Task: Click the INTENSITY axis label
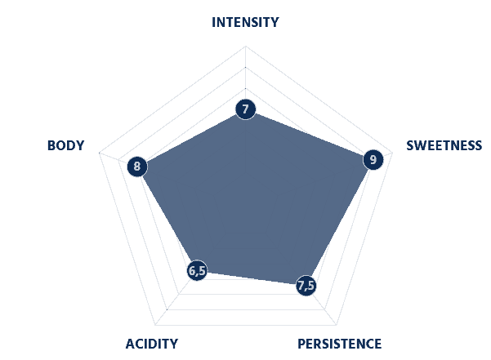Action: (x=245, y=23)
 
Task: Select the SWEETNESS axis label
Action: (x=444, y=146)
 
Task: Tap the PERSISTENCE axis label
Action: (x=339, y=344)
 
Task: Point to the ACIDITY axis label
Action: (x=152, y=344)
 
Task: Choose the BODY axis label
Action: (x=65, y=146)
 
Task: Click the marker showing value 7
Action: (x=245, y=109)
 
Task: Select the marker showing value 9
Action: (x=373, y=160)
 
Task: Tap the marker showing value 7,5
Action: (x=306, y=285)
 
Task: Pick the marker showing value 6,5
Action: (x=197, y=270)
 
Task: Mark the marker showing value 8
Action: (x=137, y=167)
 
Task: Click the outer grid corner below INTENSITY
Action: (x=245, y=47)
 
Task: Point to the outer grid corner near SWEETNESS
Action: (x=392, y=153)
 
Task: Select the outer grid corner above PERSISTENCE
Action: (x=337, y=325)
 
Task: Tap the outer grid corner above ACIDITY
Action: (x=155, y=325)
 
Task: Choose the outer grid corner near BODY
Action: (x=99, y=153)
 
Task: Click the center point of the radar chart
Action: (x=245, y=171)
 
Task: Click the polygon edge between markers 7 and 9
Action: (x=310, y=135)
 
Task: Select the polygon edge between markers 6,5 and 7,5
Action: (x=252, y=278)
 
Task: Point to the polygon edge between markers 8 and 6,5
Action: (x=167, y=219)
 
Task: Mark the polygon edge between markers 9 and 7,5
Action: (x=339, y=223)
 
